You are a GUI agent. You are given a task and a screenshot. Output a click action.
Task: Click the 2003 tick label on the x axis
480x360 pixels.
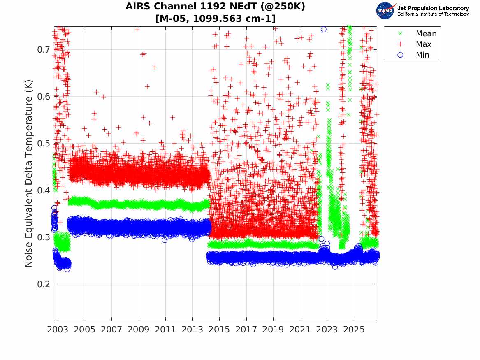[x=58, y=330]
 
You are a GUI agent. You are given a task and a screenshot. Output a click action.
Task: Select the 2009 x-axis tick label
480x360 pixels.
[x=138, y=330]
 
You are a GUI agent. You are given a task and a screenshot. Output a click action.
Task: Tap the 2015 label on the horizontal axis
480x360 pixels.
[x=219, y=330]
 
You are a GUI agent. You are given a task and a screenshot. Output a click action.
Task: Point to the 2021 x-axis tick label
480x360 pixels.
[x=300, y=330]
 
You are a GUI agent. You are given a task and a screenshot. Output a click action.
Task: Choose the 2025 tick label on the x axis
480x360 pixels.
[x=354, y=330]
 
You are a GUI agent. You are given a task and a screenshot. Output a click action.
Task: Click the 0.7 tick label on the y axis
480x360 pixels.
[x=44, y=50]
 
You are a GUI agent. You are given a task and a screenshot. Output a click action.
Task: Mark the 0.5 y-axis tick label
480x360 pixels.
[x=44, y=144]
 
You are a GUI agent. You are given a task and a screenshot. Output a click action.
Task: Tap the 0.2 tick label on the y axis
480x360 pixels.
[x=44, y=284]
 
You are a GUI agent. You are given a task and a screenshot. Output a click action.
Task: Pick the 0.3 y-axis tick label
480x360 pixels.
[x=44, y=237]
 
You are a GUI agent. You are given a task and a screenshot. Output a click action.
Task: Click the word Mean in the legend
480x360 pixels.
[x=426, y=33]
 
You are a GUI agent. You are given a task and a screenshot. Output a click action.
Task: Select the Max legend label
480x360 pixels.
[x=424, y=44]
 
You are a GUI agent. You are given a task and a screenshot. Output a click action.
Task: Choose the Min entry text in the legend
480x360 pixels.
[x=422, y=55]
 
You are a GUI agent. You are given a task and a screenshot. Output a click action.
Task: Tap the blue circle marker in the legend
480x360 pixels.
[x=400, y=55]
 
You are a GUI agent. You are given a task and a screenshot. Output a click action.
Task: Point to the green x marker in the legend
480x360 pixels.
[x=400, y=33]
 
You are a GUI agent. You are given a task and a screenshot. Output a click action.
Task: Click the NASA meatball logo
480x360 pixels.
[x=385, y=11]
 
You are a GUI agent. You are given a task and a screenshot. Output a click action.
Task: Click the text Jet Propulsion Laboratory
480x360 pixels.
[x=433, y=8]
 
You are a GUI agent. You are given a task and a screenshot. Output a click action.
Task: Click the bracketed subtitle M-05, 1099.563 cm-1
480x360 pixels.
[x=216, y=19]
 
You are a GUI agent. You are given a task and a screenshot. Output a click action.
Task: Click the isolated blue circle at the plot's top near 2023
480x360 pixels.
[x=324, y=29]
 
